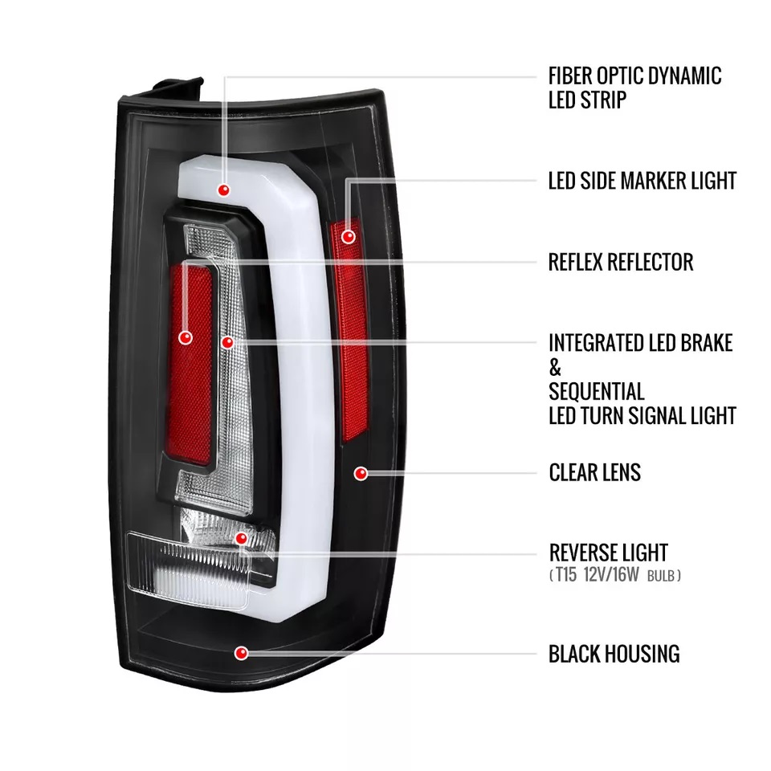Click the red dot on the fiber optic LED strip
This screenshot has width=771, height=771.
224,190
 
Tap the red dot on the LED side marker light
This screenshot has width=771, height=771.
348,237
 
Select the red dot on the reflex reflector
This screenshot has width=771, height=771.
186,338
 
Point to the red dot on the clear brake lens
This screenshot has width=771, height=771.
227,342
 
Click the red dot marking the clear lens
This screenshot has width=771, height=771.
361,473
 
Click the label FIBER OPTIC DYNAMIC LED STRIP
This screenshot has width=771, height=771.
634,88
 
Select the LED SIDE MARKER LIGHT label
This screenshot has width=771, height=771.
642,181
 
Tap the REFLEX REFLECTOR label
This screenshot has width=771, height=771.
620,262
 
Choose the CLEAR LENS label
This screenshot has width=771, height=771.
594,472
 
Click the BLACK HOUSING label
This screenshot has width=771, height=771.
614,654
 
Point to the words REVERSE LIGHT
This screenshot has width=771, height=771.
608,553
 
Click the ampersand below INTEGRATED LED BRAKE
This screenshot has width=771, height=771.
555,368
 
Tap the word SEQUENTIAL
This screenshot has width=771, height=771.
596,392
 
